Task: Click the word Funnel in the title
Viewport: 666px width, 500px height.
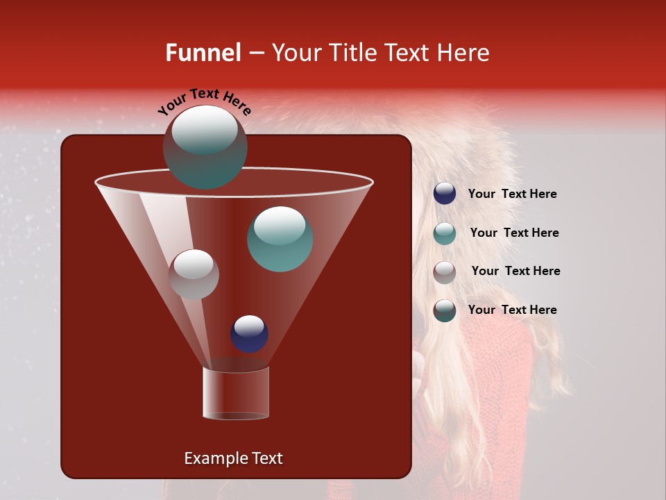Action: pos(203,53)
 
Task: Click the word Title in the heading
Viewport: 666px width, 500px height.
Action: pos(353,53)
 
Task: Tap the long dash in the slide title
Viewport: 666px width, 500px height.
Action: pos(256,53)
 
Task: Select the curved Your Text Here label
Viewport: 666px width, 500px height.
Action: pos(205,101)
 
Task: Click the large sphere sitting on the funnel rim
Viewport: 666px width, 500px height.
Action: pos(205,147)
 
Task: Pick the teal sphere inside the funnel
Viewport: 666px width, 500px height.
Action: pos(280,238)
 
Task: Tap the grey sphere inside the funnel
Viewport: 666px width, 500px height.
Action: pos(194,274)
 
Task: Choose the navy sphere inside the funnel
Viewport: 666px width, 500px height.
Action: pos(249,333)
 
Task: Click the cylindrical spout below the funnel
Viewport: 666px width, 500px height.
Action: pos(235,392)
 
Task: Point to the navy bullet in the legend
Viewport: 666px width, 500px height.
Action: pos(445,194)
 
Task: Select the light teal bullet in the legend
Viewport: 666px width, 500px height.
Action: pos(445,233)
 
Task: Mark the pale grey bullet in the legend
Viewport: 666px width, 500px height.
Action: pos(445,272)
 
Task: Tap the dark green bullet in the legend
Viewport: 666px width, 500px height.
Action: pos(445,310)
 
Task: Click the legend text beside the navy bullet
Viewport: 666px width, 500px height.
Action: pos(512,194)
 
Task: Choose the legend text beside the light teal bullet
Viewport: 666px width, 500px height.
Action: pos(514,233)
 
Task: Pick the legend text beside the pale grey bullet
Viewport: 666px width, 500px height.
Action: pos(515,272)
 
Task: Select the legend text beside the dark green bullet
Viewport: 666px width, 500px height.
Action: pos(512,310)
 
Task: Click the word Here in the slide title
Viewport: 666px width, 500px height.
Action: pos(463,53)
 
